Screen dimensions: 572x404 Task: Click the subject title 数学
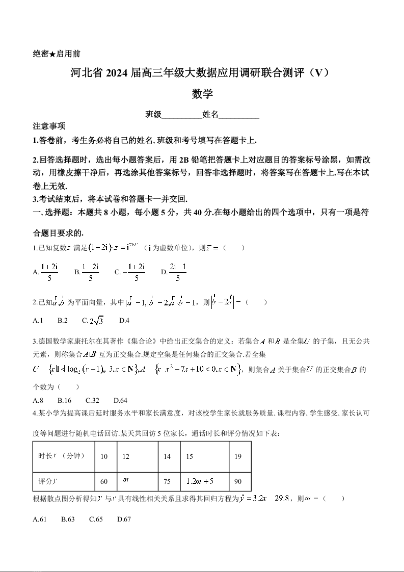point(202,94)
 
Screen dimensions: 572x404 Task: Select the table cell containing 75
point(167,481)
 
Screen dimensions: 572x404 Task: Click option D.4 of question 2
point(124,320)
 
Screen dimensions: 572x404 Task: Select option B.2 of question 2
point(63,320)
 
